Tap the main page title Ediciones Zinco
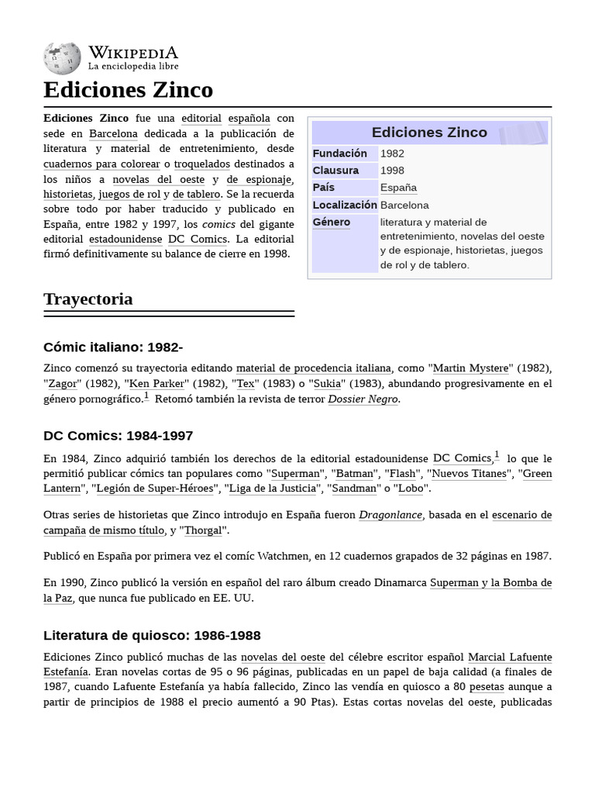(128, 90)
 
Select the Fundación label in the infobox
(339, 154)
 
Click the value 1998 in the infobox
(392, 171)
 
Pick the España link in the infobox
(398, 188)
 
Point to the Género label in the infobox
(332, 223)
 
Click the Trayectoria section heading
(88, 299)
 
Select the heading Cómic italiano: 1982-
(113, 347)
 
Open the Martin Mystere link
(470, 368)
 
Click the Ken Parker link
(157, 384)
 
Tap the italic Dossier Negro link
(363, 399)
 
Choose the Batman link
(355, 474)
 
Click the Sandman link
(353, 488)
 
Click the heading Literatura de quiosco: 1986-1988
(152, 636)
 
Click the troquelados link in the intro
(201, 164)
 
